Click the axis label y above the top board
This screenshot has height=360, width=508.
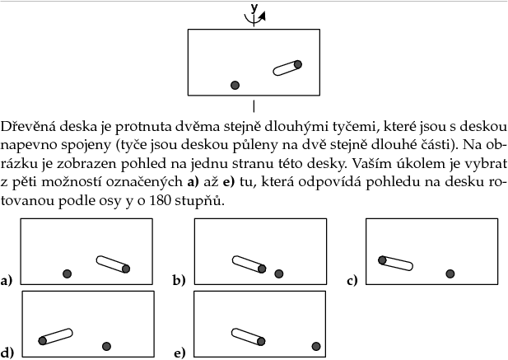click(x=254, y=7)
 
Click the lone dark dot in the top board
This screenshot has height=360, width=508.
click(x=235, y=85)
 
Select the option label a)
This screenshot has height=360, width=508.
click(x=7, y=281)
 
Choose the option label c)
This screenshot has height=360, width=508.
click(x=352, y=281)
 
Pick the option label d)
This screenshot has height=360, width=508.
click(x=7, y=353)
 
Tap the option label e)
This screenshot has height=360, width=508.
click(x=179, y=353)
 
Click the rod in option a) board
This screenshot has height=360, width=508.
click(x=112, y=264)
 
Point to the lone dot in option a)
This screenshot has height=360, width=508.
click(x=68, y=274)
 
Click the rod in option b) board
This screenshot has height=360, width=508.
click(x=248, y=264)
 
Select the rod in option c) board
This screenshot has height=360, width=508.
click(x=395, y=263)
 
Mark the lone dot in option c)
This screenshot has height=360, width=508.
click(x=450, y=274)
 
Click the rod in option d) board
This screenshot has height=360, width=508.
click(x=56, y=336)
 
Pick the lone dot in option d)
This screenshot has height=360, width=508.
click(x=106, y=346)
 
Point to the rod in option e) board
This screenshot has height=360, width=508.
click(x=247, y=337)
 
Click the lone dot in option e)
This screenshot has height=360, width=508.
click(x=315, y=346)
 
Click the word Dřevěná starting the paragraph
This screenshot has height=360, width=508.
click(x=26, y=128)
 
